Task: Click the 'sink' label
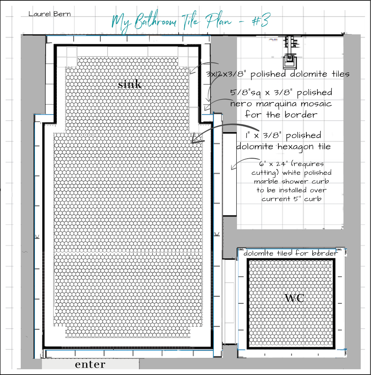(129, 84)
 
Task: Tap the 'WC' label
(295, 298)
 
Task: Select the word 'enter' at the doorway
(90, 365)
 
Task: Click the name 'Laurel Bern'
(50, 14)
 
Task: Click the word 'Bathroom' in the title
(155, 21)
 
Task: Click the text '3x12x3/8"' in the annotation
(226, 74)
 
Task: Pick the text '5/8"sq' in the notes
(246, 93)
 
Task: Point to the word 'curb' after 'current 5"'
(313, 199)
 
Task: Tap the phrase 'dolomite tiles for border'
(291, 253)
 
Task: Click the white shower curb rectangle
(230, 174)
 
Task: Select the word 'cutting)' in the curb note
(265, 173)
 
